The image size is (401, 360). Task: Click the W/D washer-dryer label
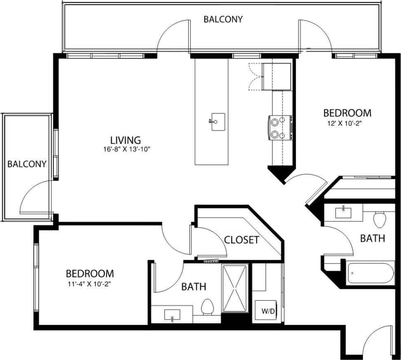coord(267,311)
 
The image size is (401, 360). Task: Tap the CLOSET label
coord(241,240)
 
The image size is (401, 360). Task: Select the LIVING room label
coord(125,140)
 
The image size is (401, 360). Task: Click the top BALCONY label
coord(223,19)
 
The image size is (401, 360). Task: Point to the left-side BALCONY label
coord(26,164)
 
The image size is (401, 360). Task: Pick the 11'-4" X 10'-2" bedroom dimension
coord(89,283)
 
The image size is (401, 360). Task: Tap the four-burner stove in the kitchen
coord(279,127)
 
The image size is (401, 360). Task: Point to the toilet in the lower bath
coord(207,307)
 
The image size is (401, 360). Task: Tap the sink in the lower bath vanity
coord(172,315)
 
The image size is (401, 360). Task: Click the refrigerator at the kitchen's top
coord(276,76)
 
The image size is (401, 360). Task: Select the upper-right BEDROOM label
coord(347,113)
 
